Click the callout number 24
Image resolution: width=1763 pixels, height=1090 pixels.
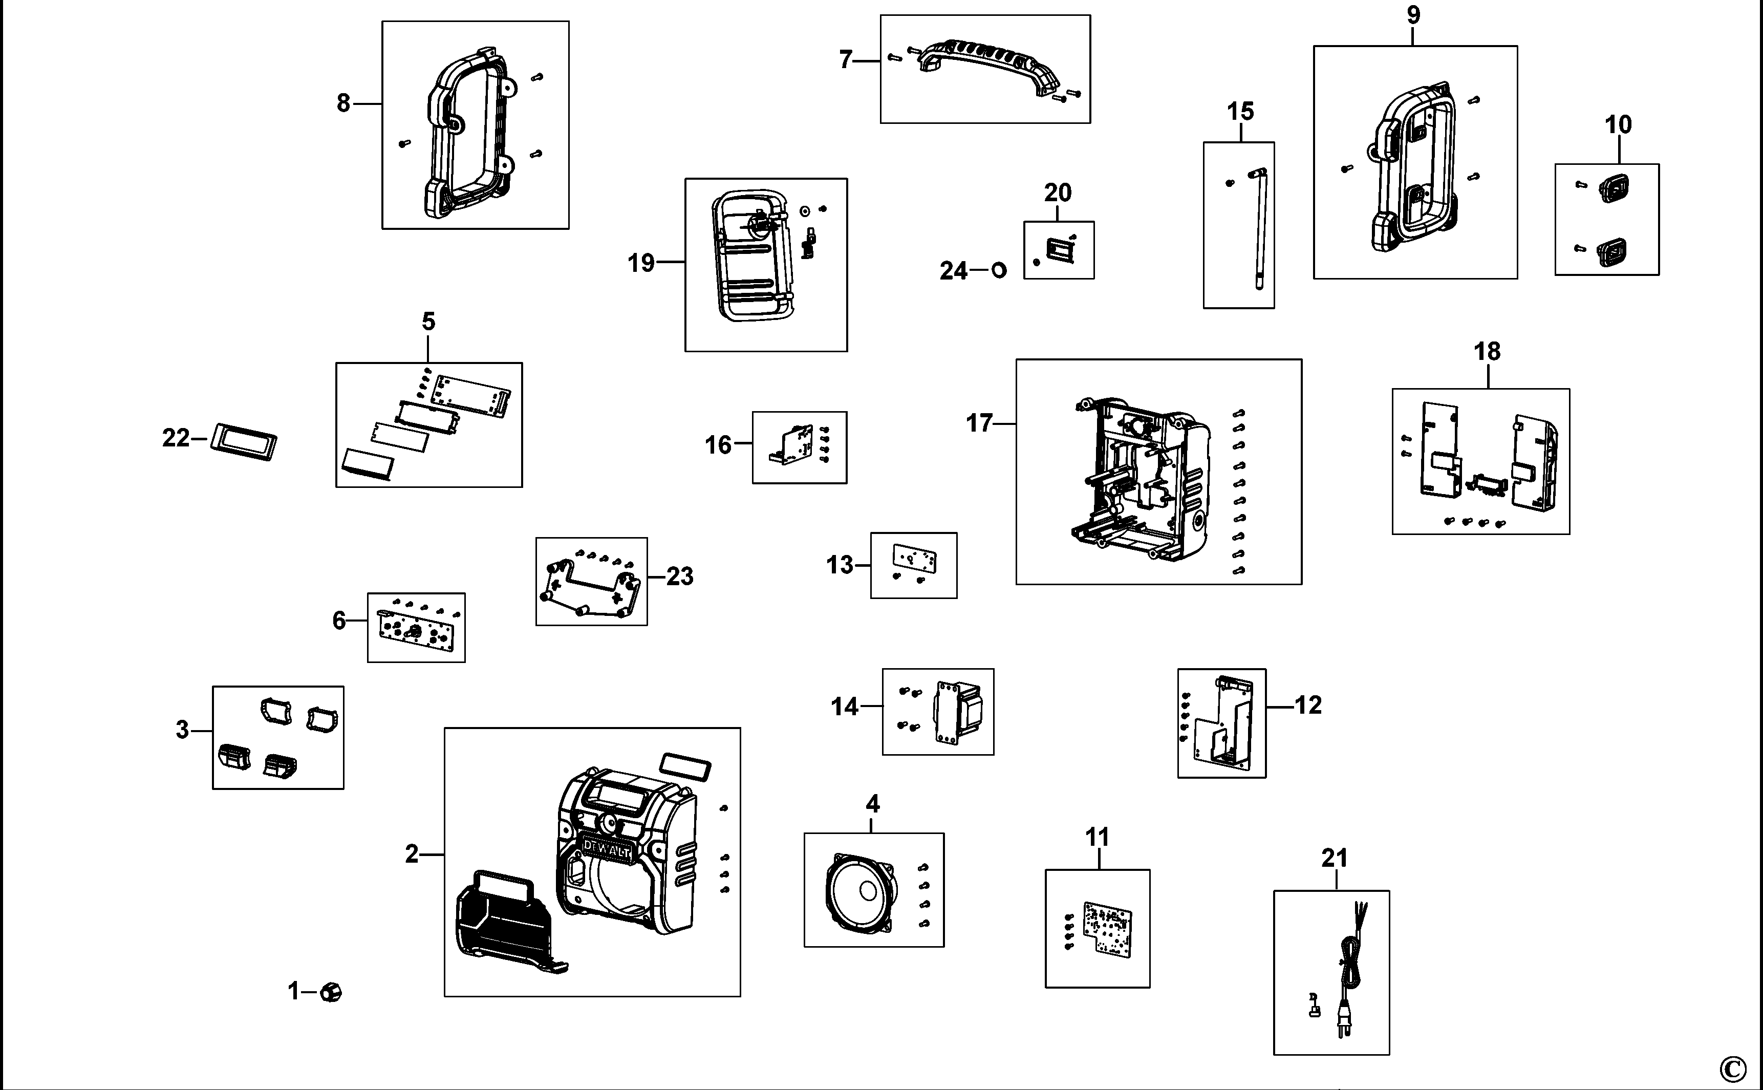[953, 271]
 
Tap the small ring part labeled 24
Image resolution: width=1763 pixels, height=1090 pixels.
[999, 270]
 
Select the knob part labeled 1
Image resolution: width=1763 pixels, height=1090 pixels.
[331, 992]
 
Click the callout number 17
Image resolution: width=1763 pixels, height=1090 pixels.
[979, 423]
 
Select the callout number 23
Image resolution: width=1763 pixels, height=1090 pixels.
[679, 576]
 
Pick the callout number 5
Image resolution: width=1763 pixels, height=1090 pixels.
[428, 322]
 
